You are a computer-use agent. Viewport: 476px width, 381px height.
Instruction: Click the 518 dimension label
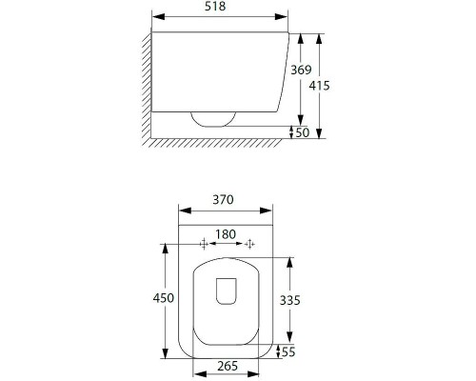click(x=215, y=6)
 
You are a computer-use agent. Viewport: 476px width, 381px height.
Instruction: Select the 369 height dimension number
click(x=301, y=70)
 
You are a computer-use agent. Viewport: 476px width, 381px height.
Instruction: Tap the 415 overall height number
click(x=320, y=86)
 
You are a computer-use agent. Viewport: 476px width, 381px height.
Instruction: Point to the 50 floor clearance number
click(x=303, y=132)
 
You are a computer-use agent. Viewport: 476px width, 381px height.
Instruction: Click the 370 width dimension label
click(x=223, y=200)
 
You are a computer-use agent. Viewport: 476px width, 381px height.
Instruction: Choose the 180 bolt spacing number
click(x=226, y=234)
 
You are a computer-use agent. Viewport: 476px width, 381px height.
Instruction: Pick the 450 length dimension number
click(x=164, y=298)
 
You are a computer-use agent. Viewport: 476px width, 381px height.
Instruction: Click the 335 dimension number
click(x=289, y=300)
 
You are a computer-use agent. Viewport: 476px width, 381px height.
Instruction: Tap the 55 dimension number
click(x=288, y=351)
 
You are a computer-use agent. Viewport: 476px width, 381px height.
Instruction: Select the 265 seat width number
click(x=228, y=366)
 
